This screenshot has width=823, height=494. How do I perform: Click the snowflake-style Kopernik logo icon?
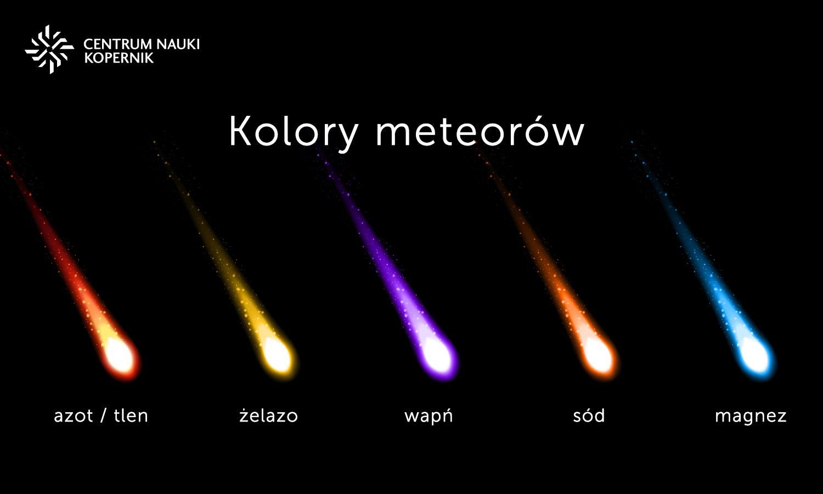(x=49, y=49)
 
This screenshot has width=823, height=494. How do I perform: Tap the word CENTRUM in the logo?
(x=118, y=44)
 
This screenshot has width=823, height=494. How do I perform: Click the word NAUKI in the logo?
(x=178, y=44)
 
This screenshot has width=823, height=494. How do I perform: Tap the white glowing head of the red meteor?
(x=120, y=357)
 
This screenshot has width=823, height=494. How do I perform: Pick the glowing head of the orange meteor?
(x=597, y=356)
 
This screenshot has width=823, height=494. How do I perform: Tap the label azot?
(x=74, y=416)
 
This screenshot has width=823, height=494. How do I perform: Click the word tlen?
(x=131, y=416)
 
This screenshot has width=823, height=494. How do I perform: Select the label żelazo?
(x=269, y=416)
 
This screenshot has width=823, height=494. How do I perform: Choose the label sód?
(x=589, y=416)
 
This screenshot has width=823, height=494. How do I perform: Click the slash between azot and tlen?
(x=104, y=416)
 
